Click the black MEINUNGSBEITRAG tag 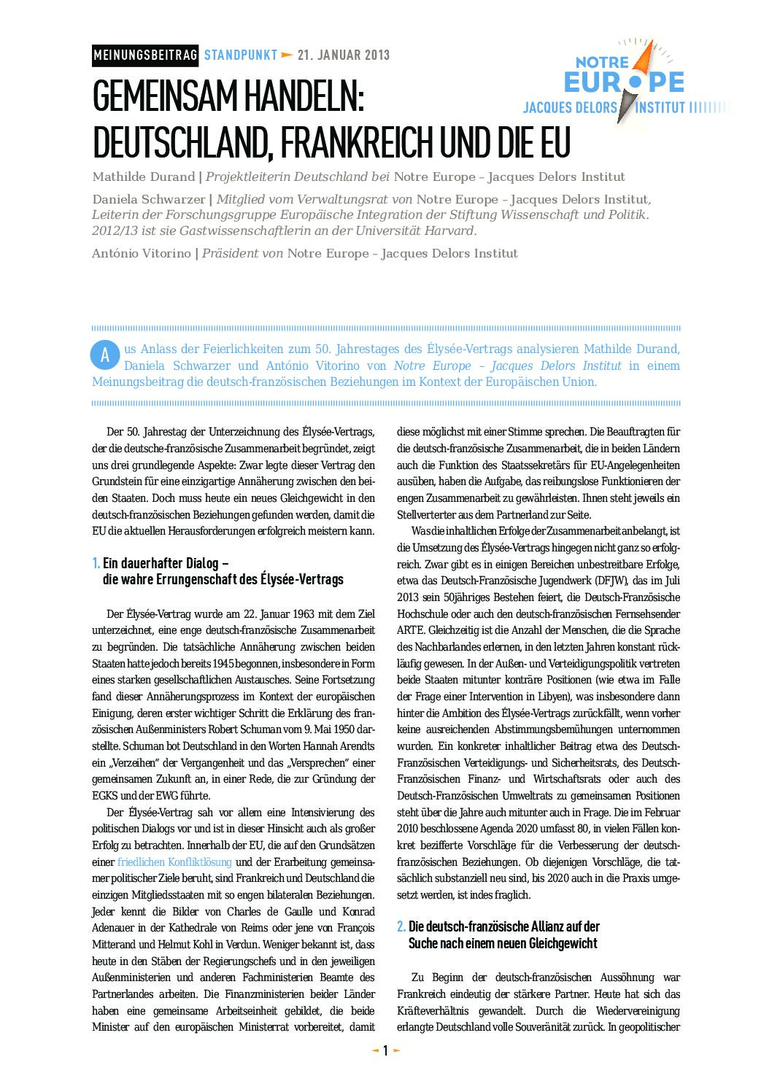145,55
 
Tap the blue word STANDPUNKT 241,55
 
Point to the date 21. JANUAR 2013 344,55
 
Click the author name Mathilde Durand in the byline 143,177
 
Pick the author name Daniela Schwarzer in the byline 148,199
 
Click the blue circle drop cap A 105,355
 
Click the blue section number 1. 96,563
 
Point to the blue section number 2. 401,926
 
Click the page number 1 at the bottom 386,1050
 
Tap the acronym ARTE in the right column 411,630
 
